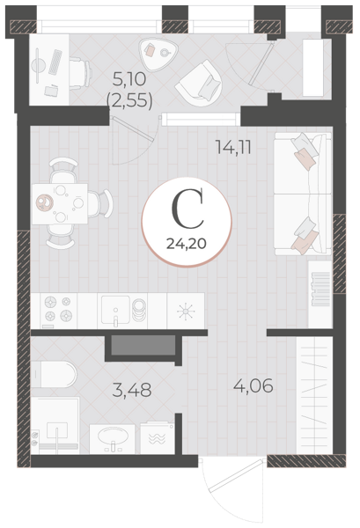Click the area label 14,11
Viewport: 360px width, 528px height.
pyautogui.click(x=233, y=147)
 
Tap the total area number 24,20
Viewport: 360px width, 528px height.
pyautogui.click(x=187, y=243)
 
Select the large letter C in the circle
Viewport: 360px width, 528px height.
pyautogui.click(x=187, y=208)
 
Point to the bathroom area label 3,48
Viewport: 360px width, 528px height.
pyautogui.click(x=132, y=390)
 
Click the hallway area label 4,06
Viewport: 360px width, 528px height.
pyautogui.click(x=253, y=386)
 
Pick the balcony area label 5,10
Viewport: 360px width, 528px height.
pyautogui.click(x=129, y=79)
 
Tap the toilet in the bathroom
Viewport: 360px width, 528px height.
pyautogui.click(x=54, y=374)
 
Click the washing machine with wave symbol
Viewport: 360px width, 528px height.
pyautogui.click(x=157, y=437)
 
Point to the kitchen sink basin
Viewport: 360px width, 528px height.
pyautogui.click(x=115, y=310)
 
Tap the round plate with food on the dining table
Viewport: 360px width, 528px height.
pyautogui.click(x=45, y=202)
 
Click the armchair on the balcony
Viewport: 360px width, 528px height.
pyautogui.click(x=200, y=83)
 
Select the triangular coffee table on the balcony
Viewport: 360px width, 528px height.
pyautogui.click(x=158, y=54)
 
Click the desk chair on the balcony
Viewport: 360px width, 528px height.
pyautogui.click(x=80, y=73)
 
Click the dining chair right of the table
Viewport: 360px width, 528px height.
pyautogui.click(x=100, y=203)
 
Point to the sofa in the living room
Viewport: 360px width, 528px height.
pyautogui.click(x=302, y=194)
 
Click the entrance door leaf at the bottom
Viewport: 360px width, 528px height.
pyautogui.click(x=236, y=476)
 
